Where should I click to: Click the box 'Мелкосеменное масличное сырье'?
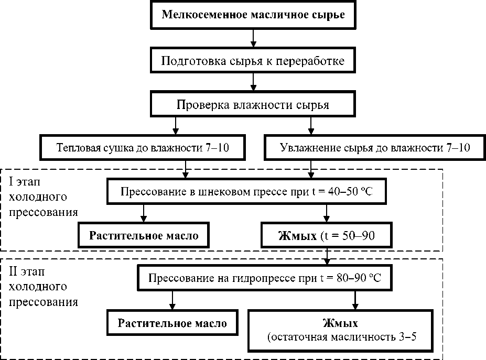253,14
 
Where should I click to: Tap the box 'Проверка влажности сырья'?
253,104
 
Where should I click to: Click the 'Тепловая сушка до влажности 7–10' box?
143,148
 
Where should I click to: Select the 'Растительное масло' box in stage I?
144,235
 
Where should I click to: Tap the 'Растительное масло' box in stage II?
172,323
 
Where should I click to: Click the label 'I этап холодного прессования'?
44,197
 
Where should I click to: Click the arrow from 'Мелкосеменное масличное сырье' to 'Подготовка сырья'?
254,37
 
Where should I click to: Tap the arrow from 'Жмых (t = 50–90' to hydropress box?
328,256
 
